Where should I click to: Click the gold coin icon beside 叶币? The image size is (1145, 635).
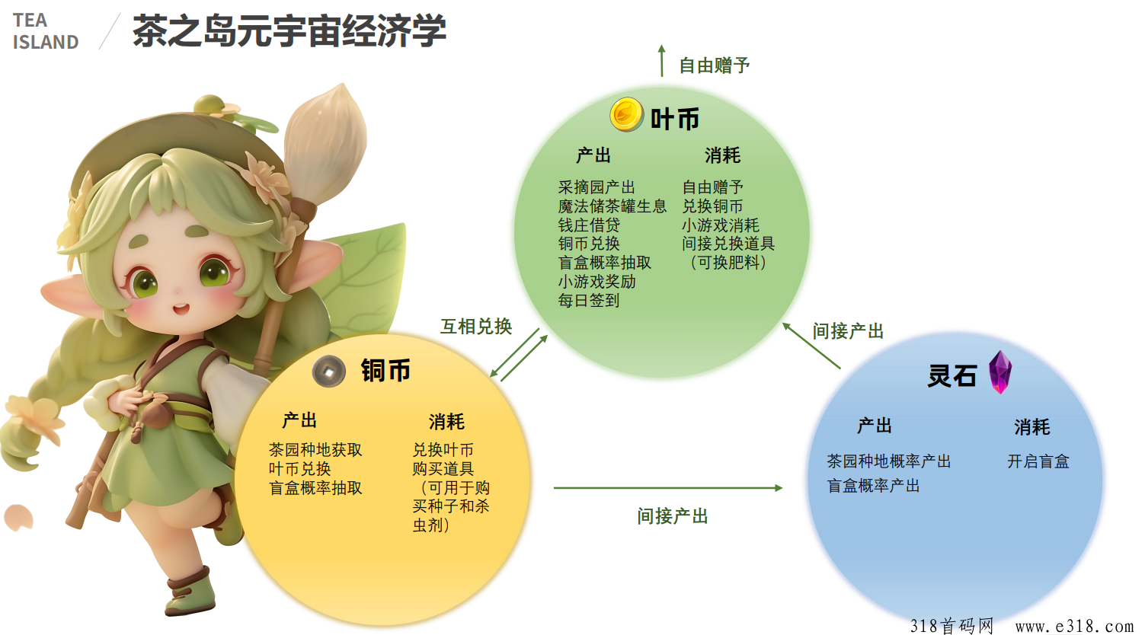coord(626,114)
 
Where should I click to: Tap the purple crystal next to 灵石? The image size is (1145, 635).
coord(999,372)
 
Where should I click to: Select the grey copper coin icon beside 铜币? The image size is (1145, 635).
coord(328,371)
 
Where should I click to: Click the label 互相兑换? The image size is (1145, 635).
coord(476,327)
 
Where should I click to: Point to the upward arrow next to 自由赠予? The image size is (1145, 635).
coord(661,61)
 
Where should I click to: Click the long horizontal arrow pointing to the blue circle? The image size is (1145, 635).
coord(667,488)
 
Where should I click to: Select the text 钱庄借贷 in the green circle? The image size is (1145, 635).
coord(589,225)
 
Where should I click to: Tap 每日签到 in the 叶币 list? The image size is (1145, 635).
coord(589,301)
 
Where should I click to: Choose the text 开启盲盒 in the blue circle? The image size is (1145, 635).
coord(1038,461)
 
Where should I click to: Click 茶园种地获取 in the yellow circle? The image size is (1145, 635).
coord(315,449)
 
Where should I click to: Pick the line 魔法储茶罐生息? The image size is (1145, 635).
coord(612,206)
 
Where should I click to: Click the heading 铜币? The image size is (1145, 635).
coord(385,370)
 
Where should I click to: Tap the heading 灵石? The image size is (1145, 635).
coord(952,376)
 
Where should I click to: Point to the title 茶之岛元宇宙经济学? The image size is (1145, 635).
coord(289,30)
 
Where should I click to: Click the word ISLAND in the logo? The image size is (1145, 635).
coord(46,43)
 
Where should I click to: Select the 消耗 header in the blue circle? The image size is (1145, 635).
coord(1032,427)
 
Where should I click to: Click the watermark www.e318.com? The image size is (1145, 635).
coord(1074,626)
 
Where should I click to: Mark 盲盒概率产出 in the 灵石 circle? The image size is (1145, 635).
coord(874,485)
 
